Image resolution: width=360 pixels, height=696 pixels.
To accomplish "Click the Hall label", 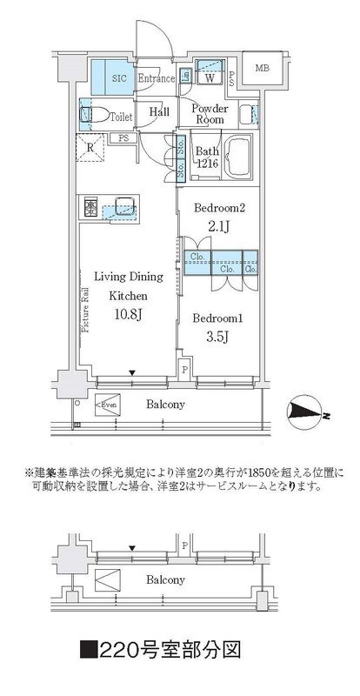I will [159, 112].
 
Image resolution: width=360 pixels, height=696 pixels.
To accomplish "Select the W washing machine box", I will [210, 77].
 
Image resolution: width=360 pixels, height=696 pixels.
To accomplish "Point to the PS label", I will [123, 137].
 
